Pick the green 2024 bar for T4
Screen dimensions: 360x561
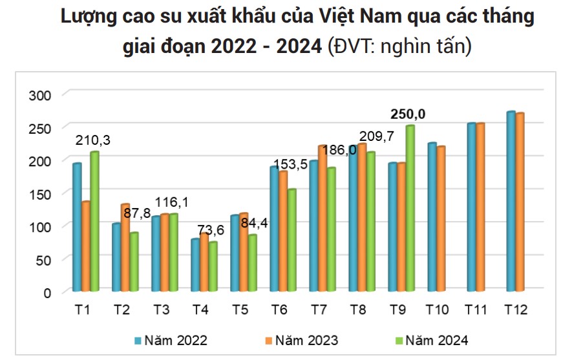click(213, 266)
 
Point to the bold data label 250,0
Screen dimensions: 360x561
click(407, 114)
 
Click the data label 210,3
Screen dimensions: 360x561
click(93, 139)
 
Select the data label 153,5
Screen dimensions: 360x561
click(289, 164)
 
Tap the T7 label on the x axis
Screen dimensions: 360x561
click(319, 310)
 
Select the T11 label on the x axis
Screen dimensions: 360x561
click(476, 310)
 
